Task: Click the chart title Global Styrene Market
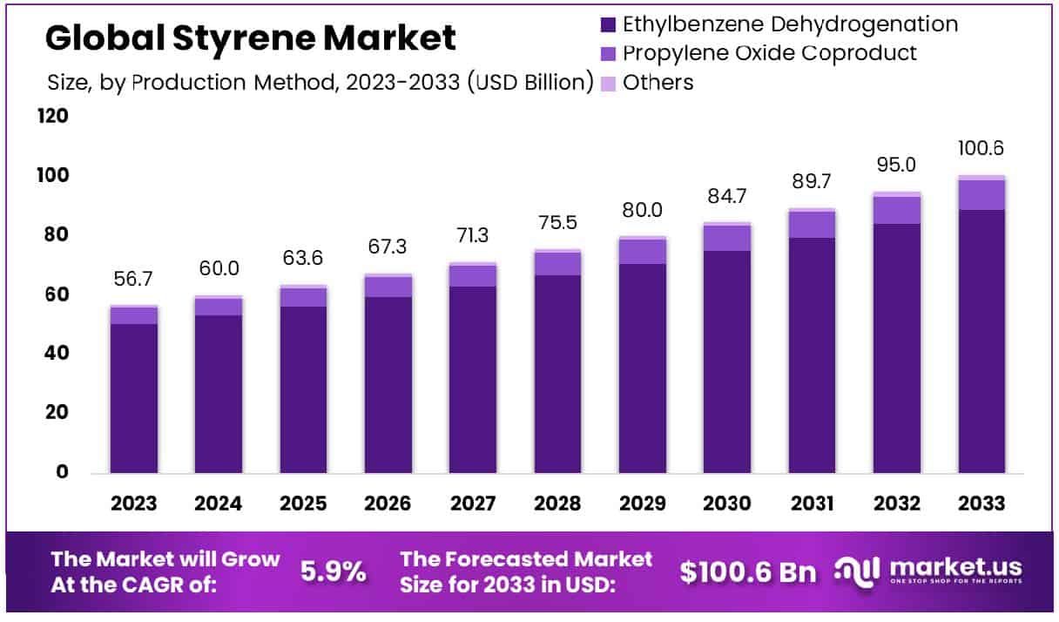(250, 38)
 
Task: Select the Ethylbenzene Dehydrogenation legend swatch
(608, 24)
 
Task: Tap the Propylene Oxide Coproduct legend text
(770, 53)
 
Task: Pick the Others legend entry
(658, 83)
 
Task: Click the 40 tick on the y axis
(55, 354)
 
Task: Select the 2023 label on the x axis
(133, 504)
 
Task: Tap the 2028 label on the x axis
(557, 504)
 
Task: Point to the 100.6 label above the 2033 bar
(981, 148)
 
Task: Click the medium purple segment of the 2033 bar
(981, 194)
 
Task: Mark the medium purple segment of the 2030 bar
(727, 238)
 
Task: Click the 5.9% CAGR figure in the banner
(334, 571)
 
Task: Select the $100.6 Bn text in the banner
(748, 571)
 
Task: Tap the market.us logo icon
(858, 571)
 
